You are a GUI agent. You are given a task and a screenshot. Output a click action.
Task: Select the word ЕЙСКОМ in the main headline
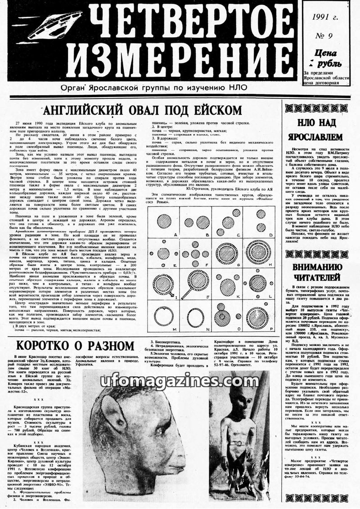click(x=218, y=110)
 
